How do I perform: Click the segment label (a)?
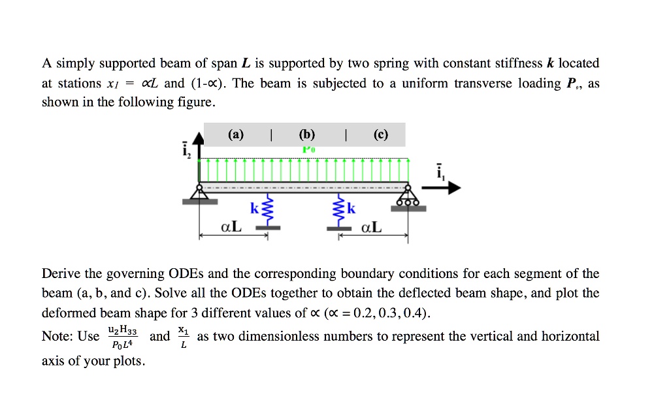point(236,135)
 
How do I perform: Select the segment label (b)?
point(306,135)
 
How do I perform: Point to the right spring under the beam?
point(339,211)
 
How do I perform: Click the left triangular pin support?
point(199,192)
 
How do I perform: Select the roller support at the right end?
point(408,196)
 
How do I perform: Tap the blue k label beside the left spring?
point(254,209)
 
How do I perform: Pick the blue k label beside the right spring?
point(351,209)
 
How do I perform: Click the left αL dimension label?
point(231,227)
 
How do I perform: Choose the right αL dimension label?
point(372,227)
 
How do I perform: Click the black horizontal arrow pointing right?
point(444,188)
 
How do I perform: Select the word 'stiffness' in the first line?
point(512,63)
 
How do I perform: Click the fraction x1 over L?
point(184,337)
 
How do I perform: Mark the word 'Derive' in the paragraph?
point(61,273)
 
